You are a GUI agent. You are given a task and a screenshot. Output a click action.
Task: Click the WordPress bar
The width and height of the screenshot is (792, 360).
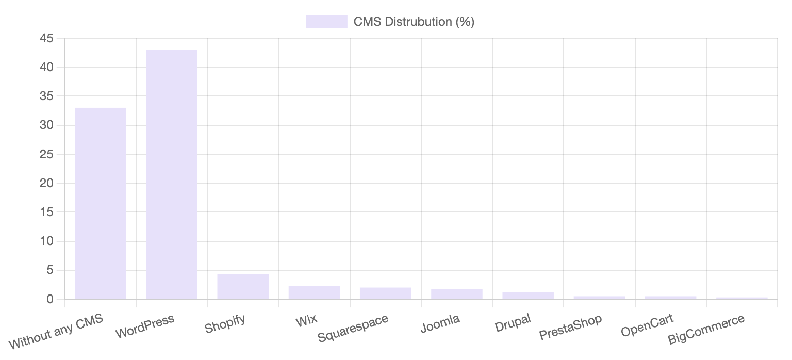click(172, 174)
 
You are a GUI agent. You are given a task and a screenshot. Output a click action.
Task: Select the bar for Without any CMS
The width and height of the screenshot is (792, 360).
click(101, 203)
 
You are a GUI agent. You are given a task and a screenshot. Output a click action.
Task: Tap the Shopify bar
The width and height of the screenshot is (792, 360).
click(243, 286)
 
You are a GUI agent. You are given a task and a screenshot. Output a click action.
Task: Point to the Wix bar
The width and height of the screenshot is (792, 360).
click(314, 292)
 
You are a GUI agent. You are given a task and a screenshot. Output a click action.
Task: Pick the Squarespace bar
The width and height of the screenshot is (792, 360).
click(385, 293)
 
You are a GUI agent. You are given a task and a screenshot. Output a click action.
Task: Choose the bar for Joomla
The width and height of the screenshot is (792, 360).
click(457, 294)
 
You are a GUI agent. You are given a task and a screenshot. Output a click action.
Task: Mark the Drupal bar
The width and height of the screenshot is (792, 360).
click(528, 296)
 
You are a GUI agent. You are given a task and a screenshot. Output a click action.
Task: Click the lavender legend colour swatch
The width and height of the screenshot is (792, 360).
click(326, 22)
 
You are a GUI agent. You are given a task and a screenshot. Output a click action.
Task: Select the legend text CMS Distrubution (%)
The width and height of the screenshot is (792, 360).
click(414, 22)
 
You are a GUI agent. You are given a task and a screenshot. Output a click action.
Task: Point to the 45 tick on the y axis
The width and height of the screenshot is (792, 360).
click(46, 38)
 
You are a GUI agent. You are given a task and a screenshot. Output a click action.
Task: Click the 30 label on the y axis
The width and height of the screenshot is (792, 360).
click(46, 125)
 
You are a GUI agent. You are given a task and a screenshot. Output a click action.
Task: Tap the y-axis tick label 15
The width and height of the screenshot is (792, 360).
click(46, 212)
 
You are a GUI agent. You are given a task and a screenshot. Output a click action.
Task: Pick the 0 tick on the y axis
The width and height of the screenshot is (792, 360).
click(49, 299)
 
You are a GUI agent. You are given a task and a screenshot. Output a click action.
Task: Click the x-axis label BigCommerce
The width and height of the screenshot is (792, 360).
click(706, 329)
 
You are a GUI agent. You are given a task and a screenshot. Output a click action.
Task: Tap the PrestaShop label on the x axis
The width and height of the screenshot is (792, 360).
click(570, 327)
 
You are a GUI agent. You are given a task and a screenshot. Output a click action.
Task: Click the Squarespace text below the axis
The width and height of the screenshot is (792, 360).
click(353, 329)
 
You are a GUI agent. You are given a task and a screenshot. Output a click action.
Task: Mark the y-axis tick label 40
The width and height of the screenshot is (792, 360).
click(46, 67)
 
